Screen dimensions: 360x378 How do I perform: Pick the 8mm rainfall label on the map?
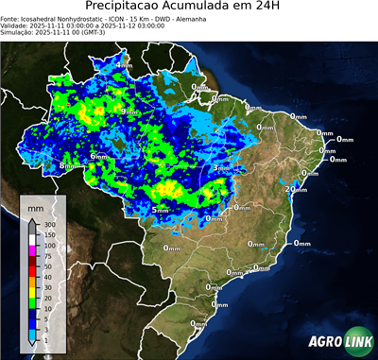point(67,165)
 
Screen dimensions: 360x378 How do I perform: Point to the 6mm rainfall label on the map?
point(97,155)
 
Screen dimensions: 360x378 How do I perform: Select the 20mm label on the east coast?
point(296,189)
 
